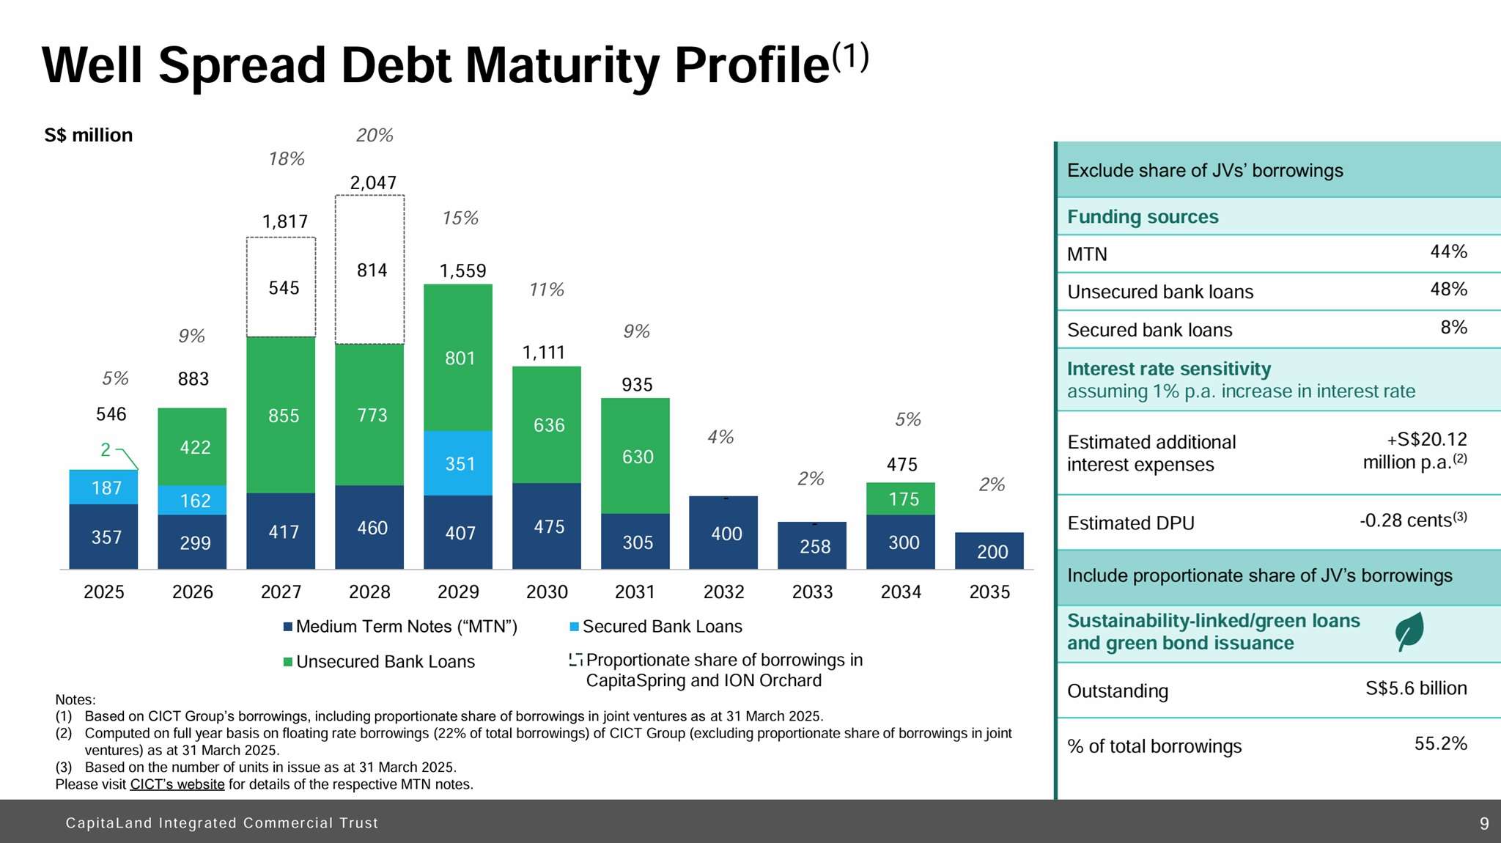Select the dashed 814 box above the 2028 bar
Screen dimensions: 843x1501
(370, 270)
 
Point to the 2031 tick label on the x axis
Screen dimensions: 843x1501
(635, 592)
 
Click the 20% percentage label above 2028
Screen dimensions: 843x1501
(375, 136)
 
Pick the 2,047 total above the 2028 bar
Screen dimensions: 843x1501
(373, 183)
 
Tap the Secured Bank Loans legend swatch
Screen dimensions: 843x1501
(575, 627)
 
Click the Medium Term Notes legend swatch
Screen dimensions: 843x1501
(288, 627)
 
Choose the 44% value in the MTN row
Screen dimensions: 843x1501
(1448, 251)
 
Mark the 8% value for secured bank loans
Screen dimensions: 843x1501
(1453, 327)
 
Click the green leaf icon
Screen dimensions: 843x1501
(1409, 631)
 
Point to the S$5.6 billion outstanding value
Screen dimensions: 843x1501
(1416, 688)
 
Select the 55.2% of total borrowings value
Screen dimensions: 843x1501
(1440, 743)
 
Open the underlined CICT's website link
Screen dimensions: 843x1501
(177, 784)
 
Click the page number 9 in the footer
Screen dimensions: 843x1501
(1484, 823)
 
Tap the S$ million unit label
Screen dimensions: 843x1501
(89, 136)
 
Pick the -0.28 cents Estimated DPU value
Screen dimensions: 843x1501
(1412, 520)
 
